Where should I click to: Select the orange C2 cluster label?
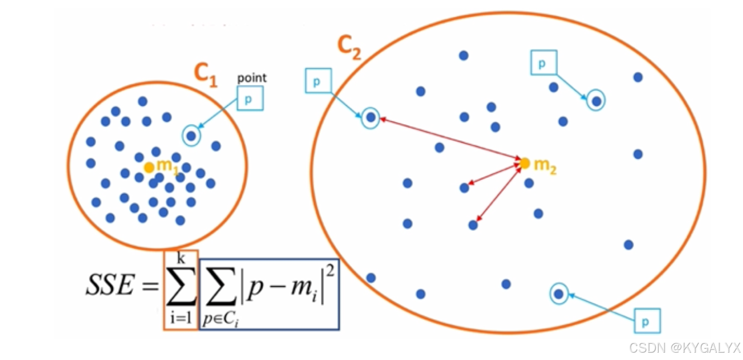(x=349, y=49)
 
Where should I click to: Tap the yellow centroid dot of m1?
(x=149, y=167)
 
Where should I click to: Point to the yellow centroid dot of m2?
(x=525, y=163)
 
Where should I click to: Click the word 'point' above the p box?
(x=252, y=78)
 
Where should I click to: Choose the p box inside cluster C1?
(x=249, y=98)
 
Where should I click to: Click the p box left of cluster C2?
(x=318, y=81)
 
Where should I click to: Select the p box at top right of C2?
(x=543, y=63)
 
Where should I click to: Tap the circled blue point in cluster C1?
(x=191, y=136)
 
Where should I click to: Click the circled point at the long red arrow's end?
(x=370, y=118)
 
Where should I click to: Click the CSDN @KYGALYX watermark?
(x=684, y=348)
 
